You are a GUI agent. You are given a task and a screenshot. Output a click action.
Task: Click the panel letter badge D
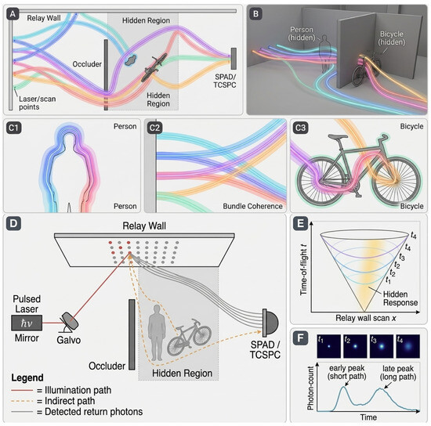(x=13, y=224)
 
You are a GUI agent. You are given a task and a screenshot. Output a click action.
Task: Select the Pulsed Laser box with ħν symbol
(x=27, y=323)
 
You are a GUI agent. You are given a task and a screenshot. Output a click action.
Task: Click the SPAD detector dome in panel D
(x=270, y=323)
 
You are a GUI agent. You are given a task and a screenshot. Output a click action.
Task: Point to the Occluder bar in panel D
(x=132, y=334)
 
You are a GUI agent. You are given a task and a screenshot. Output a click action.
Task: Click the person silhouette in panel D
(x=157, y=332)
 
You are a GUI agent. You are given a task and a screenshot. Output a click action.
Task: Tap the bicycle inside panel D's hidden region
(x=190, y=337)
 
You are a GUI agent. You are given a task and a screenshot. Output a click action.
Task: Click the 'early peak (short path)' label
(x=346, y=372)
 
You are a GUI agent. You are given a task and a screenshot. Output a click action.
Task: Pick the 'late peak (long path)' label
(x=398, y=373)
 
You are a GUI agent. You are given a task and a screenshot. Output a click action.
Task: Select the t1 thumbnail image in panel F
(x=329, y=346)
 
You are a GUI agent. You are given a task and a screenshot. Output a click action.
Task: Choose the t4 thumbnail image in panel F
(x=407, y=346)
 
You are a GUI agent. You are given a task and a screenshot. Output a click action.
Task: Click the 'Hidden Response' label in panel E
(x=400, y=298)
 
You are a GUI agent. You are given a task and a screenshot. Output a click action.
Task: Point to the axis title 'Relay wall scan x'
(x=366, y=318)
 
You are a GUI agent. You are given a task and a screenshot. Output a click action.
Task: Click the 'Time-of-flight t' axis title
(x=303, y=269)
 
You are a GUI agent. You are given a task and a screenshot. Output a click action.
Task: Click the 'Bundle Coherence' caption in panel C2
(x=252, y=206)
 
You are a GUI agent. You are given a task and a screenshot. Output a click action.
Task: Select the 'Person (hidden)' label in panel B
(x=302, y=34)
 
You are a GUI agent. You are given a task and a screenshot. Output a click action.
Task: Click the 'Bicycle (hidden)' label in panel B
(x=392, y=38)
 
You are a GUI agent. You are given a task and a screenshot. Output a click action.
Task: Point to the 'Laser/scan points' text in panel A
(x=37, y=103)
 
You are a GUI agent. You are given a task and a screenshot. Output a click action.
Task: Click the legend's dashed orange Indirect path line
(x=22, y=401)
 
